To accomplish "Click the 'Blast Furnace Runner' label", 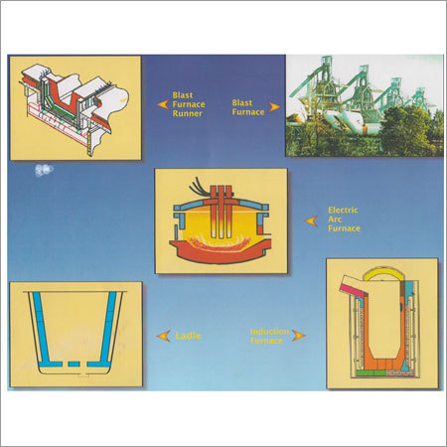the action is coord(189,104).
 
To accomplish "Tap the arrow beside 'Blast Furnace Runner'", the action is coord(163,104).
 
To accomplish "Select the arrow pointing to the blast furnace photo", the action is coord(274,107).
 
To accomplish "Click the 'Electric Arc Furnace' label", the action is coord(344,220).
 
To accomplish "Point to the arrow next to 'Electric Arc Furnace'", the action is coord(311,221).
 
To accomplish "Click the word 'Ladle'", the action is coord(189,336).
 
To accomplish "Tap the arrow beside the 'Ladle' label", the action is coord(163,336).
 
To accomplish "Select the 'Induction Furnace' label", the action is coord(269,336).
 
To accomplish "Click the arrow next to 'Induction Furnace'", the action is coord(299,336).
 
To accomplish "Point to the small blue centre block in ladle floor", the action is coord(74,365).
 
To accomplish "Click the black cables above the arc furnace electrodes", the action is coord(199,187).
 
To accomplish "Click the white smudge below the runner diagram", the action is coord(44,170).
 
